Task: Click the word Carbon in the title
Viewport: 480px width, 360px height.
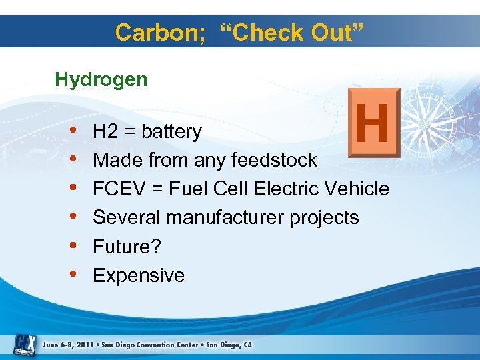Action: (x=153, y=32)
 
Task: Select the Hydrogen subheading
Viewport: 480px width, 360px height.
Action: (x=101, y=80)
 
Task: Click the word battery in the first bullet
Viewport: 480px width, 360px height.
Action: (x=171, y=132)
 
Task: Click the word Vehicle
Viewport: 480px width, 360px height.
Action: (x=356, y=189)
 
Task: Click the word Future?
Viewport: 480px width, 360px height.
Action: (x=127, y=247)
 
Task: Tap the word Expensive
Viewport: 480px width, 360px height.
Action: (x=139, y=275)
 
